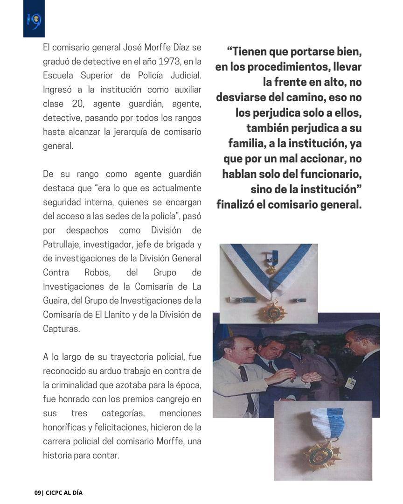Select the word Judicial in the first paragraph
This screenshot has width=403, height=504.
[184, 75]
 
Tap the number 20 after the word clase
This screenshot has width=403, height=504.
[77, 103]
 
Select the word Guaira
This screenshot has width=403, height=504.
[56, 301]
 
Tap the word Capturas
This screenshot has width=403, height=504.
[61, 329]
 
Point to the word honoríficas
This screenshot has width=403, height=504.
[67, 427]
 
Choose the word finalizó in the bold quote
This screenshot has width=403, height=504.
[235, 204]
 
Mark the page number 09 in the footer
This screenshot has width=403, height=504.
[38, 493]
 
